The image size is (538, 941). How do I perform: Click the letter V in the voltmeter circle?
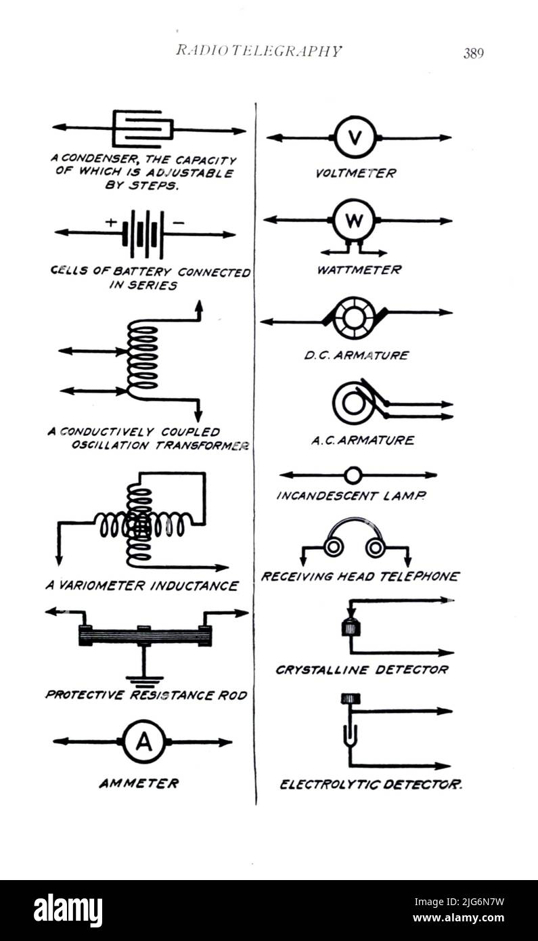355,137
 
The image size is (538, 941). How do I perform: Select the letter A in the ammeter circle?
143,742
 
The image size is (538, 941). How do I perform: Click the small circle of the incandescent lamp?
354,475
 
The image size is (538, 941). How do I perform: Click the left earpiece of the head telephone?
333,546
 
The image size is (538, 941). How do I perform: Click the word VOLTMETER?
356,173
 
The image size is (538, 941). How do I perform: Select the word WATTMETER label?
359,270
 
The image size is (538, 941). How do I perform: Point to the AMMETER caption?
139,783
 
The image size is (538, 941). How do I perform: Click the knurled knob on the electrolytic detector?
351,698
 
